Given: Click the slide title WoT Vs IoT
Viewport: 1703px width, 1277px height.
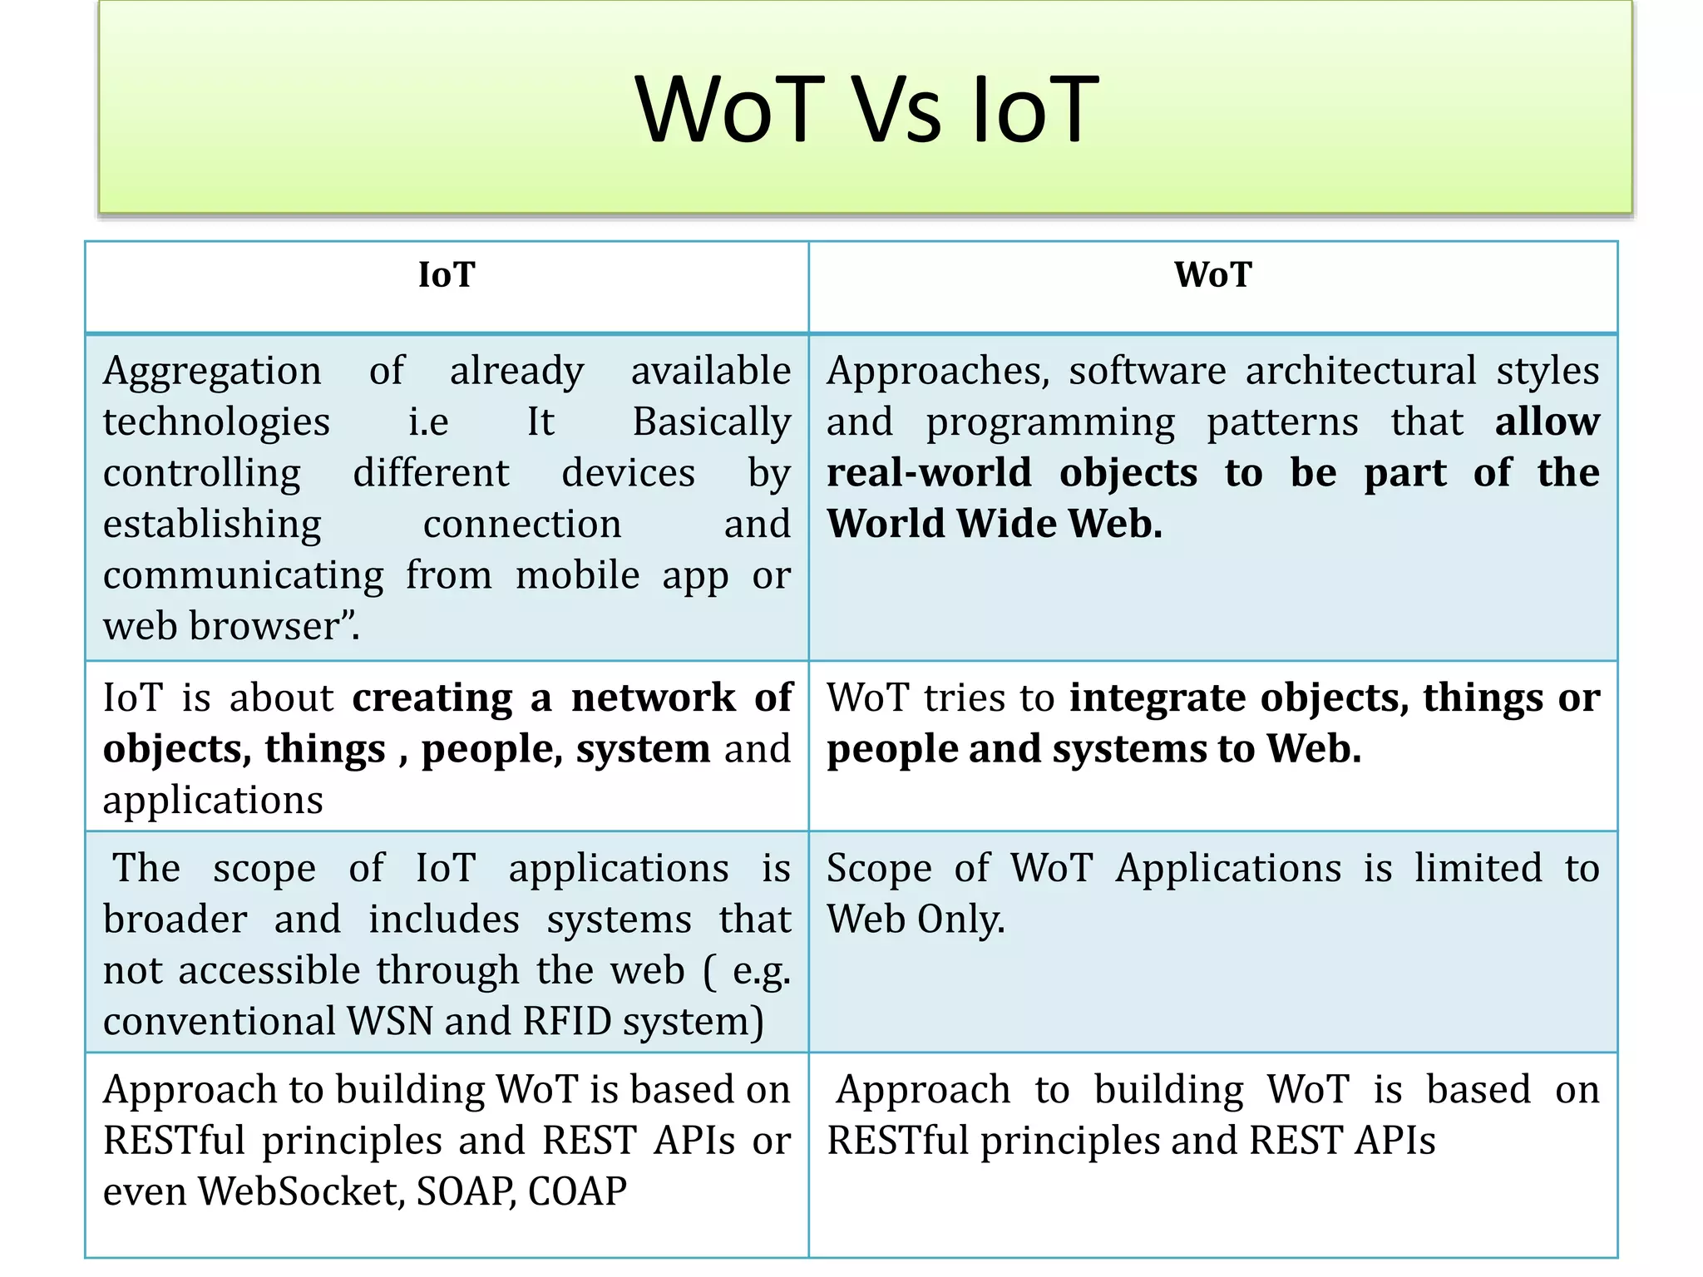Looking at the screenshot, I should coord(866,110).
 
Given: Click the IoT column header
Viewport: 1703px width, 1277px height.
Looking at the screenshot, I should coord(447,275).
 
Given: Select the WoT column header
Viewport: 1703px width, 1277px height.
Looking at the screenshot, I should coord(1212,275).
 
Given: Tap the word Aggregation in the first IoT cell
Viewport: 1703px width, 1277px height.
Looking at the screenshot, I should coord(212,372).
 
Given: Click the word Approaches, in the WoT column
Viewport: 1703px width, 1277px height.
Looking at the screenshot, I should coord(937,372).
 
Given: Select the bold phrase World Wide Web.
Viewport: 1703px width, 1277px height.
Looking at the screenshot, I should coord(994,524).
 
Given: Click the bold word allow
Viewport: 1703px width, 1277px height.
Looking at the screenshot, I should coord(1547,422).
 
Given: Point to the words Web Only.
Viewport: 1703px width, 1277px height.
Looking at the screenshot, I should coord(916,920).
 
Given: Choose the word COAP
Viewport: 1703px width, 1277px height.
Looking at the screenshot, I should coord(577,1191).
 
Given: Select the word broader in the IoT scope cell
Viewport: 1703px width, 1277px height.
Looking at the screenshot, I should coord(175,920).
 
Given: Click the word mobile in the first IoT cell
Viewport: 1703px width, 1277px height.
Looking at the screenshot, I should coord(577,575).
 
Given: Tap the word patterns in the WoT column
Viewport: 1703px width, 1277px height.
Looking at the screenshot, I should coord(1282,422).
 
